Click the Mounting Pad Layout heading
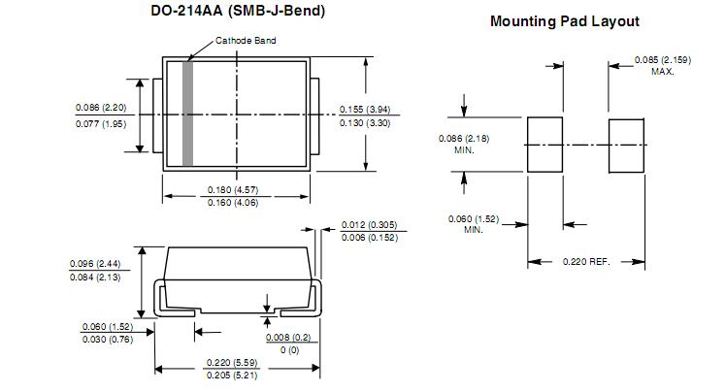[564, 20]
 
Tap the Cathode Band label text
[246, 41]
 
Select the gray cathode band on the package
[188, 114]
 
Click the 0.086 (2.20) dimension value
[101, 107]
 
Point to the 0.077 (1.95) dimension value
[101, 123]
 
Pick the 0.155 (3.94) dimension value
[365, 109]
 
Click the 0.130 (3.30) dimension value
[365, 123]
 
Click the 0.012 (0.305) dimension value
[369, 225]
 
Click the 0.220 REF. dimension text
[587, 262]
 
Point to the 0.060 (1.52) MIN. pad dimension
[474, 223]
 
